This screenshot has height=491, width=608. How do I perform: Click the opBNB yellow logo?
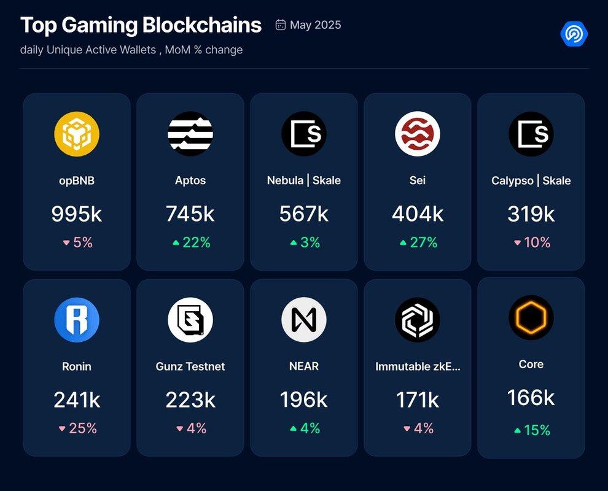(77, 134)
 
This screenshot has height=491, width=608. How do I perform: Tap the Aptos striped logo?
(190, 134)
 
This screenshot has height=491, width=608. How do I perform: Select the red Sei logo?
(418, 134)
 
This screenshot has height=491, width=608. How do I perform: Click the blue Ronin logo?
(77, 320)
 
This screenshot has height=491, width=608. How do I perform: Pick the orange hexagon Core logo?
(531, 317)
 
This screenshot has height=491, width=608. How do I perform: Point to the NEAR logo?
(304, 320)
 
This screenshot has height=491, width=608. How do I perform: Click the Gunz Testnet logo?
(190, 320)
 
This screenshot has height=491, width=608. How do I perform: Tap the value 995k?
(77, 214)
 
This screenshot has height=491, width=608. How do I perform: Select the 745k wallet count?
(190, 214)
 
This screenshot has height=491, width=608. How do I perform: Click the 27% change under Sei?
(418, 242)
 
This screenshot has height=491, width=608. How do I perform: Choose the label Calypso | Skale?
(531, 180)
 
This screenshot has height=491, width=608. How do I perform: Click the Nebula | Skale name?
(304, 180)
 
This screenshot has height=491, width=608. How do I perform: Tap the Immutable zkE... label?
(418, 366)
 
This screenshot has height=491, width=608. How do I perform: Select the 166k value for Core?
(531, 398)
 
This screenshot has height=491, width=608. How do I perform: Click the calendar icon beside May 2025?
(281, 25)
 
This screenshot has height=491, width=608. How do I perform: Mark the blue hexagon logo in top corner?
(574, 34)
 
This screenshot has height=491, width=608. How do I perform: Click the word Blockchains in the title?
(202, 26)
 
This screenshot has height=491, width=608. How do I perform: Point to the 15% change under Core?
(532, 431)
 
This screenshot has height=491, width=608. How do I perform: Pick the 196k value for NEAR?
(304, 400)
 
